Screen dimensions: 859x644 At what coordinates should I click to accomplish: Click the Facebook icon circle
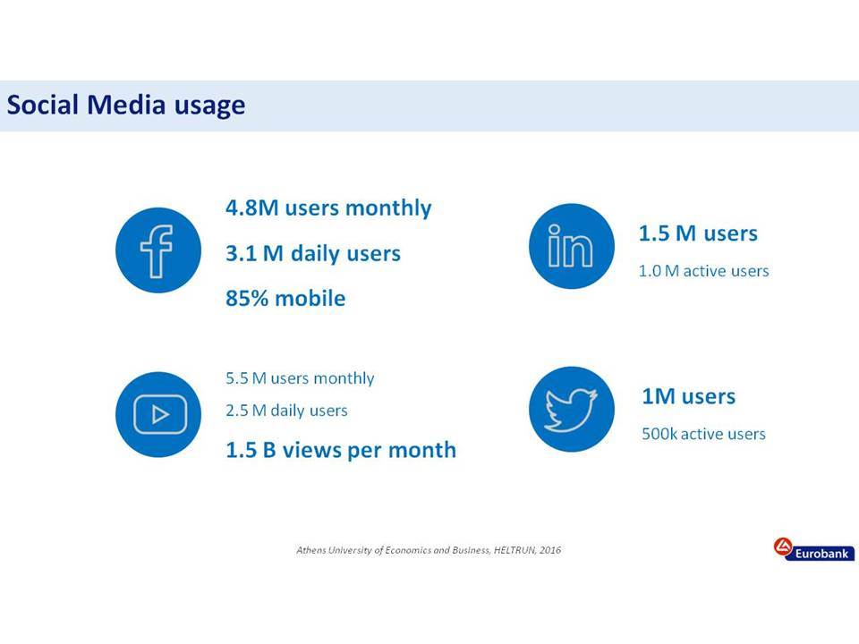coord(158,250)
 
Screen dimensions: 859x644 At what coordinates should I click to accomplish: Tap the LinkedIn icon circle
coord(572,247)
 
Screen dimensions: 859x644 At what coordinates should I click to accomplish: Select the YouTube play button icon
coord(160,414)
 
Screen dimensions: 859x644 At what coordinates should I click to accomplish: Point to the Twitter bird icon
coord(571,410)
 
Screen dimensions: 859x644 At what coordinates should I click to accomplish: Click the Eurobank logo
coord(814,549)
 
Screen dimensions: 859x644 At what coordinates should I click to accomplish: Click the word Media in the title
coord(126,105)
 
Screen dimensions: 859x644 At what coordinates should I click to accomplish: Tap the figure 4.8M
coord(252,208)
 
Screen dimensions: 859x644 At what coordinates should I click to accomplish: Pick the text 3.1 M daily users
coord(313,253)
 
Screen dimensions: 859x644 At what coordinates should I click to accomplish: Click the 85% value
coord(247,299)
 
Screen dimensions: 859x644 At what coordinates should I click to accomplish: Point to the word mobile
coord(310,299)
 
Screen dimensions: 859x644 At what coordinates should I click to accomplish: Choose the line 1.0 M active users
coord(703,270)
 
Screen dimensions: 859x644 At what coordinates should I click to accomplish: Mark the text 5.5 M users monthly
coord(300,378)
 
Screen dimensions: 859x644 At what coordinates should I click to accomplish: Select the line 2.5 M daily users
coord(286,411)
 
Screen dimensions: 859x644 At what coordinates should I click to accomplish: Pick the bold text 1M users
coord(689,396)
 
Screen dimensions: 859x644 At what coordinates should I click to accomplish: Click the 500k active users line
coord(703,434)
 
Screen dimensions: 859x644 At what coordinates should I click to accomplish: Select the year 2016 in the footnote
coord(550,550)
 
